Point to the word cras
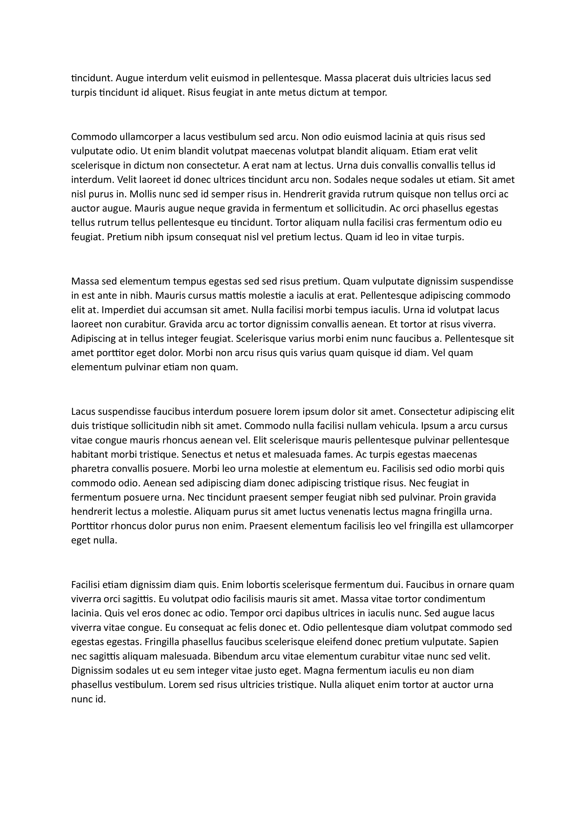(416, 223)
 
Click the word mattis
(232, 296)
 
